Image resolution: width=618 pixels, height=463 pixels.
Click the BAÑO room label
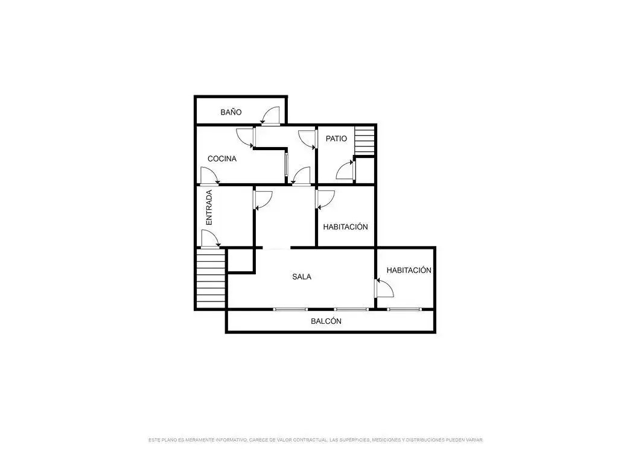(x=231, y=112)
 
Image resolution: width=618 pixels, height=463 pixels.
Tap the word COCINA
(x=222, y=159)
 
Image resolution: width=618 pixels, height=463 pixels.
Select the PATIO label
(x=336, y=139)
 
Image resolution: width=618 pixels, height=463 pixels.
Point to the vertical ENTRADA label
(x=209, y=207)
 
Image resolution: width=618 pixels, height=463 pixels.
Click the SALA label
(x=302, y=277)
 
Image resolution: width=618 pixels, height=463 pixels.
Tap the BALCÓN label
(x=326, y=321)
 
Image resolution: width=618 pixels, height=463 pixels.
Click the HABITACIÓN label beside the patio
(x=345, y=227)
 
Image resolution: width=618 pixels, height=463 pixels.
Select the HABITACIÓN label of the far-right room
(x=409, y=270)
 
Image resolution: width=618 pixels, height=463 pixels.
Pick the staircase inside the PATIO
(x=364, y=140)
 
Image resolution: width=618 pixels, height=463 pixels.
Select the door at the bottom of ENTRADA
(x=211, y=239)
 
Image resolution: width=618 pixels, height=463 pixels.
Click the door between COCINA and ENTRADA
(x=210, y=176)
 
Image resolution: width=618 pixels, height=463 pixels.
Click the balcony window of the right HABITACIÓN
(x=404, y=309)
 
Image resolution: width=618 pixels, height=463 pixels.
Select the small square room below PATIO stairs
(x=365, y=170)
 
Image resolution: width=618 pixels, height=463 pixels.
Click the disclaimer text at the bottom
(x=315, y=439)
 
